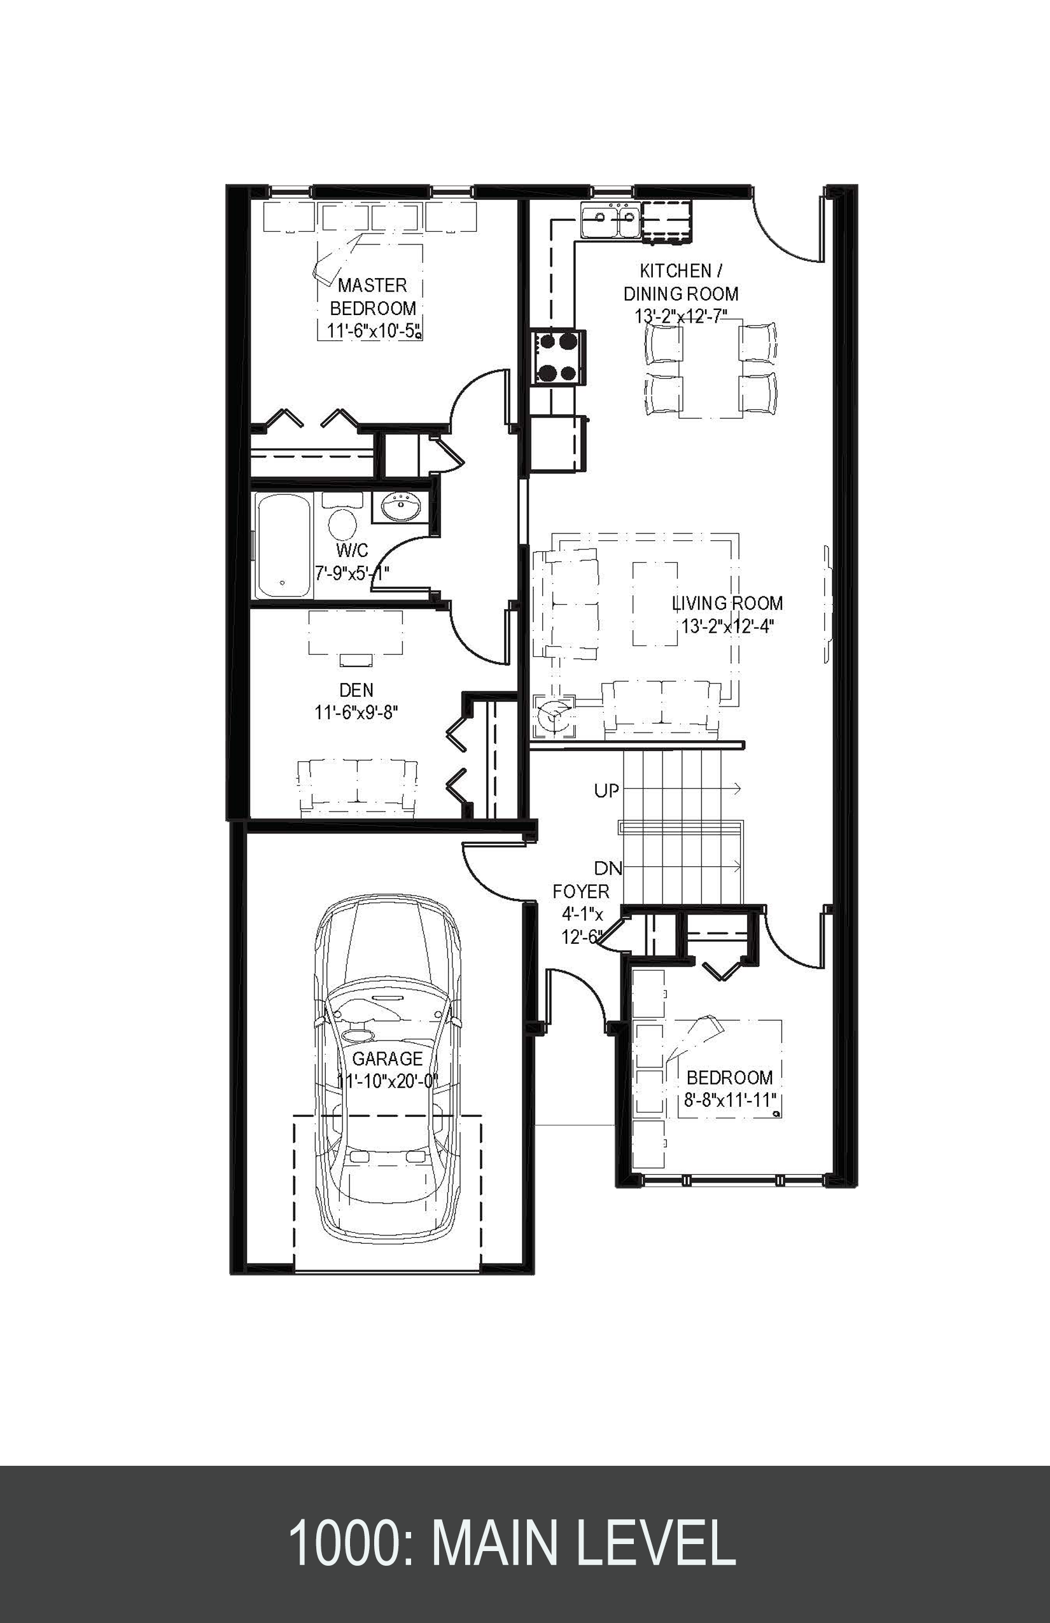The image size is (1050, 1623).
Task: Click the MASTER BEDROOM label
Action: point(372,296)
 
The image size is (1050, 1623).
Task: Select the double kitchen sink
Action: point(610,220)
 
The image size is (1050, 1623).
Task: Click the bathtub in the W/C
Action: point(283,545)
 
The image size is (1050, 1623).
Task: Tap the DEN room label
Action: point(356,690)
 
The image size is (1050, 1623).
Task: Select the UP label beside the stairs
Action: point(606,791)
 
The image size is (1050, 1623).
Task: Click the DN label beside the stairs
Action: point(608,868)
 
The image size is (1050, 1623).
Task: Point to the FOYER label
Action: point(581,892)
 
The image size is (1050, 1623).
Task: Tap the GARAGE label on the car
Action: point(388,1059)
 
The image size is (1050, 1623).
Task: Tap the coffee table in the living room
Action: point(655,603)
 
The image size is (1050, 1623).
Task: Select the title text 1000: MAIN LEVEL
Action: point(512,1543)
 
